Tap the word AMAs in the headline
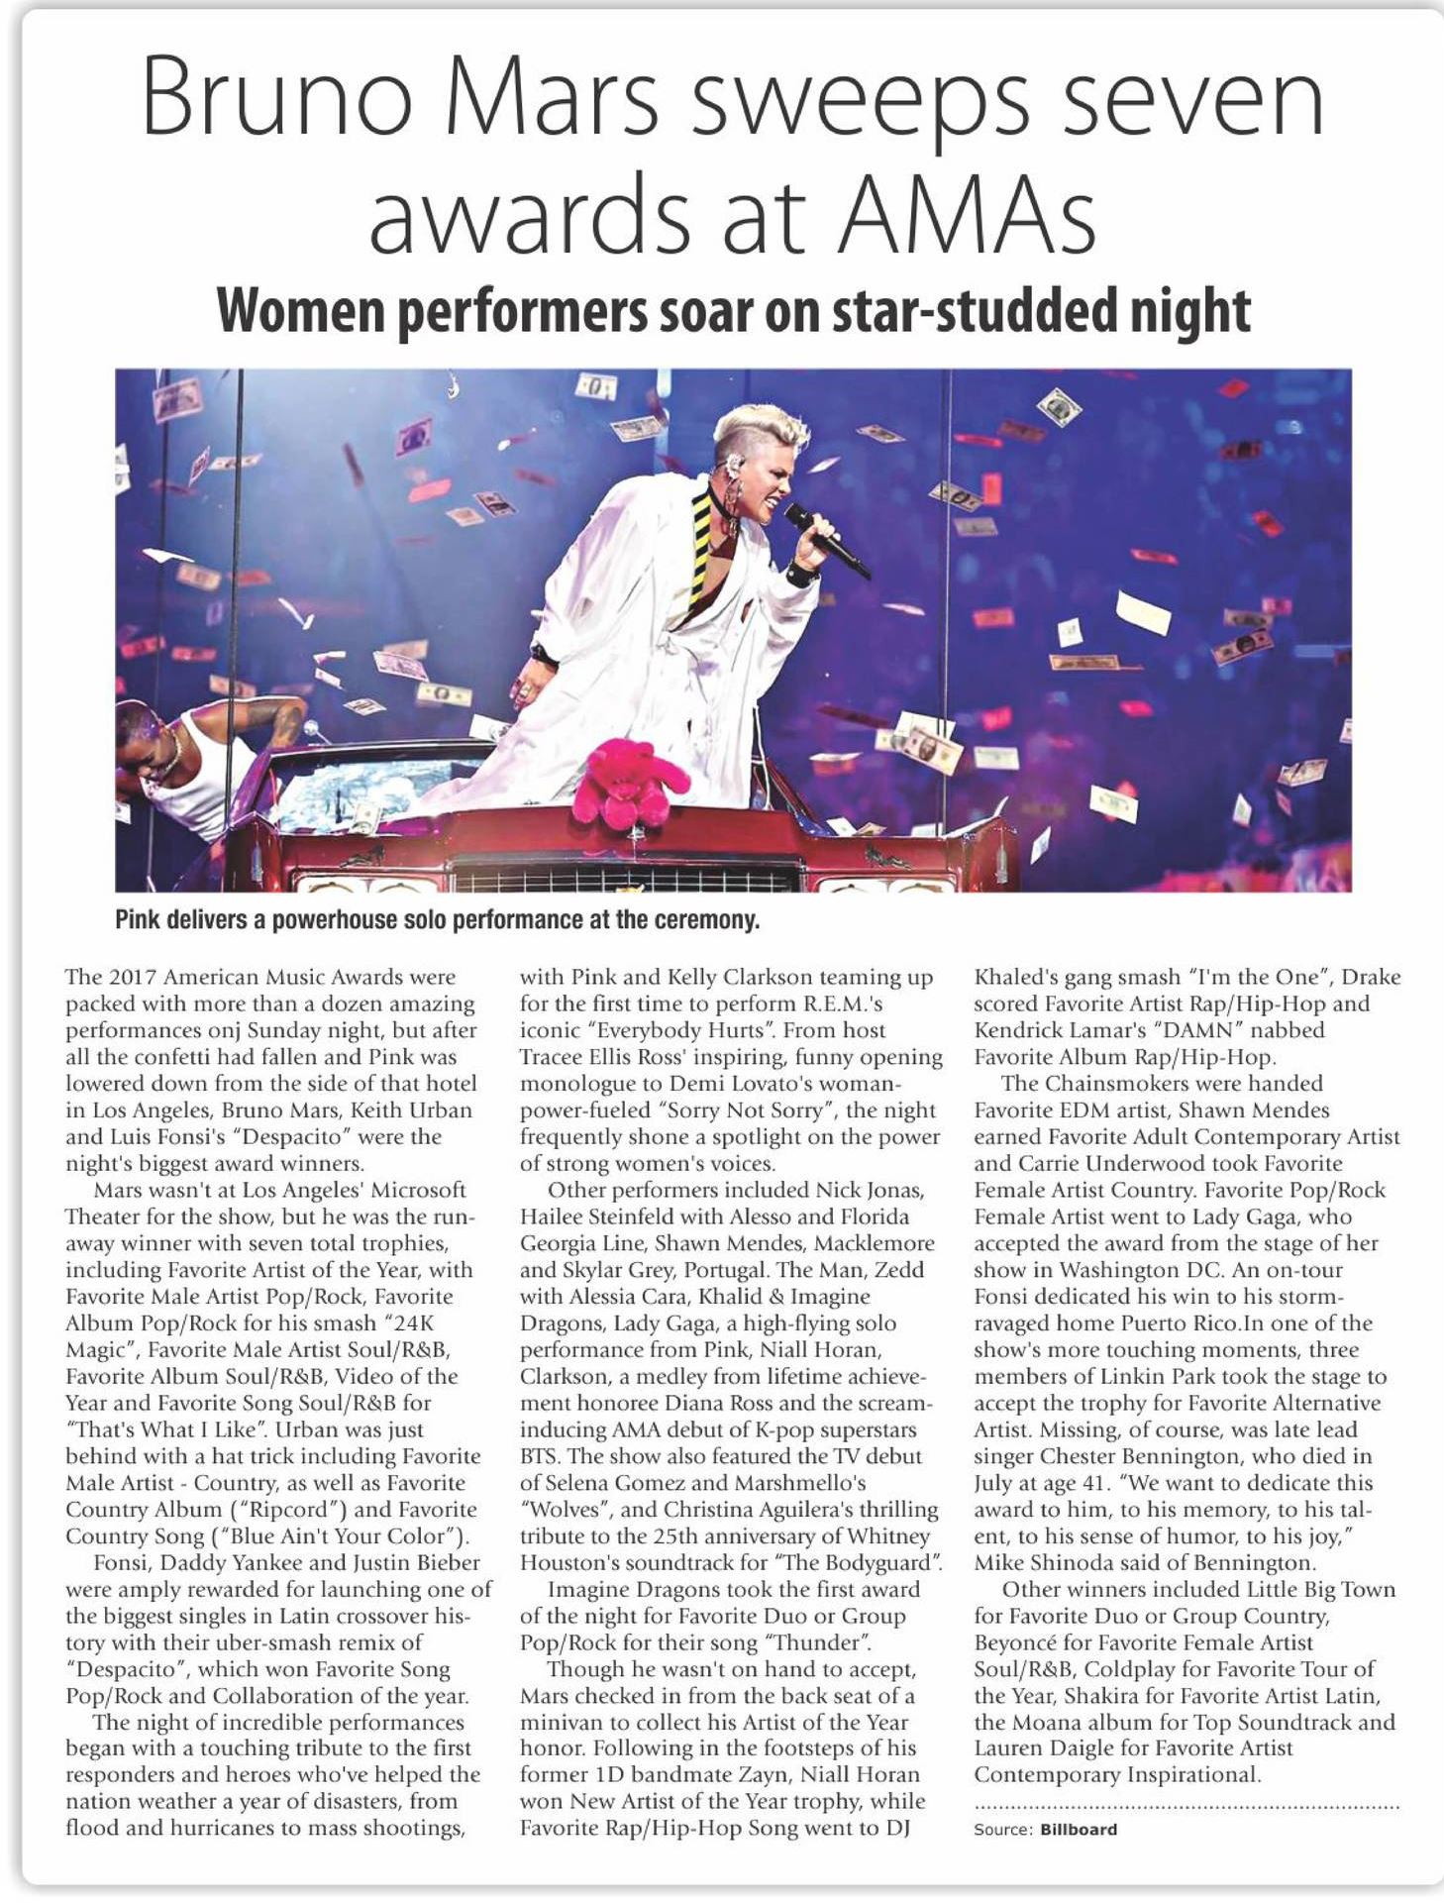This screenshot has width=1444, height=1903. coord(967,214)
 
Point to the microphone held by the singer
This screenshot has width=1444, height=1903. coord(826,539)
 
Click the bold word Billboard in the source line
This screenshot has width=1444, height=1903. coord(1079,1830)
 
